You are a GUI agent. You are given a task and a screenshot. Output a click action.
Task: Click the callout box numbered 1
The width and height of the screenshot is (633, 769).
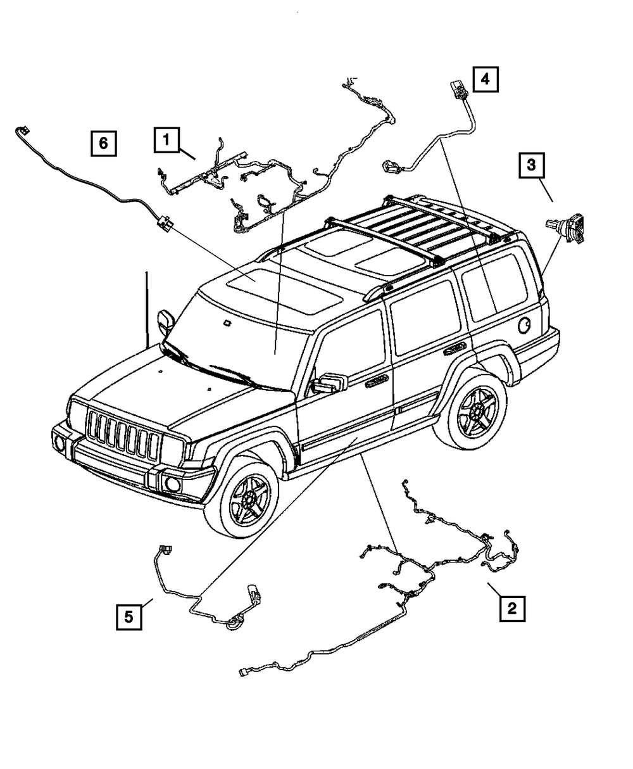coord(166,140)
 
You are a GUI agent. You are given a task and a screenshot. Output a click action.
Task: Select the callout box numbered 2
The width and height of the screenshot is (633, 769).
coord(511,608)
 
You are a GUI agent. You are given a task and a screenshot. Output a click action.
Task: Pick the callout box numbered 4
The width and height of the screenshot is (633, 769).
coord(484,79)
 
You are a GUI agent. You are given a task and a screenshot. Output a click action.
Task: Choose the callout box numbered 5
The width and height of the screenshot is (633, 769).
coord(128,616)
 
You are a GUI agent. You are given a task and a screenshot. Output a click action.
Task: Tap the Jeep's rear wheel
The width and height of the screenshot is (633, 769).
coord(473,409)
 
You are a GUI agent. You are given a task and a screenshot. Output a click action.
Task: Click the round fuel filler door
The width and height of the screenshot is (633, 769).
coord(525,326)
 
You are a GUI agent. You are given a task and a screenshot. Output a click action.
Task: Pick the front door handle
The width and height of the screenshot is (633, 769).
coord(377,379)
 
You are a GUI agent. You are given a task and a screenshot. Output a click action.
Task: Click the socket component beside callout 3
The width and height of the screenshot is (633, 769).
coord(565,227)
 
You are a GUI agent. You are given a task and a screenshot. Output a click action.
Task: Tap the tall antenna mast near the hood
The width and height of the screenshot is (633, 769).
coord(147,307)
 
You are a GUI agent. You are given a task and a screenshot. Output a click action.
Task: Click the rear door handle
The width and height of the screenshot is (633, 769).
coord(454,348)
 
